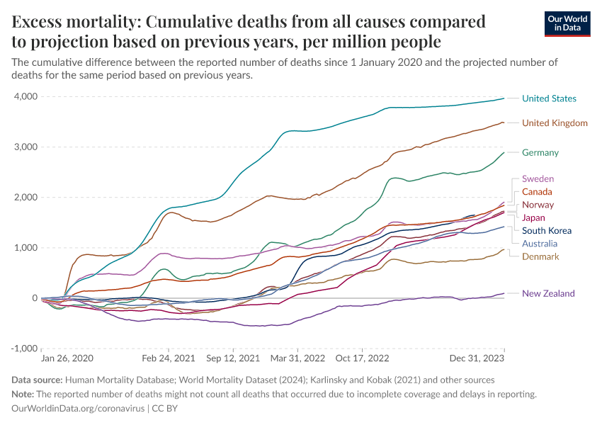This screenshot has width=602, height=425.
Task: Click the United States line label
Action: point(549,98)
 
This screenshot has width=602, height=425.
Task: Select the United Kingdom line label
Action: point(555,123)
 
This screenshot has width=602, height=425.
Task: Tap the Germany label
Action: point(540,152)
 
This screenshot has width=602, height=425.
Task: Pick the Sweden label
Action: point(538,179)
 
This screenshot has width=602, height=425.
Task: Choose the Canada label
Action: point(537,192)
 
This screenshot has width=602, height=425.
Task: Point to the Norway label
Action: point(538,205)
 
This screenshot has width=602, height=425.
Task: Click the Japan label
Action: point(533,217)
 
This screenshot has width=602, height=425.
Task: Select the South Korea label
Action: point(546,230)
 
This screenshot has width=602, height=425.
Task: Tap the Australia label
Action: point(540,243)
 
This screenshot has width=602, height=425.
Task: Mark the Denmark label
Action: point(540,256)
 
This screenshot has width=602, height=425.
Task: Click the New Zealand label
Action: point(548,293)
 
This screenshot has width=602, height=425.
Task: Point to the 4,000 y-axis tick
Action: point(25,96)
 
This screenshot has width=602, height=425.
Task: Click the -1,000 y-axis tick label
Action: point(23,349)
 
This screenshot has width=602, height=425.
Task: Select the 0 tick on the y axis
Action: point(32,298)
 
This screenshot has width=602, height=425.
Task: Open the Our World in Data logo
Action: point(567,23)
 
